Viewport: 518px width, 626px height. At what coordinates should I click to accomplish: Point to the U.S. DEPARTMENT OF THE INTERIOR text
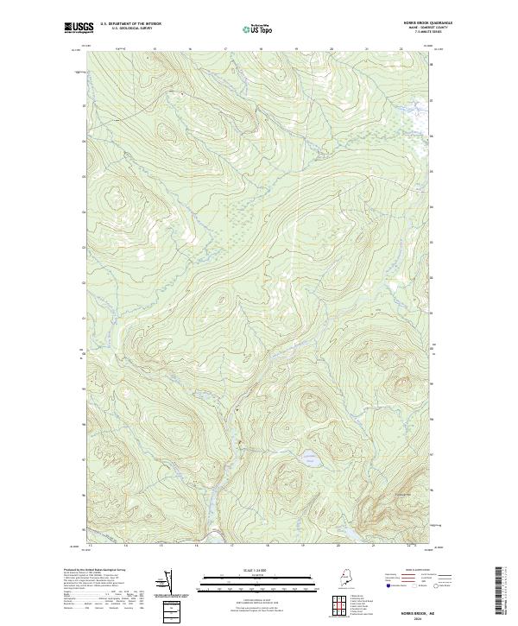tap(130, 24)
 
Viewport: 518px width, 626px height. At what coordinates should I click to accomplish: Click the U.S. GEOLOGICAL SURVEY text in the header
tap(130, 29)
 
